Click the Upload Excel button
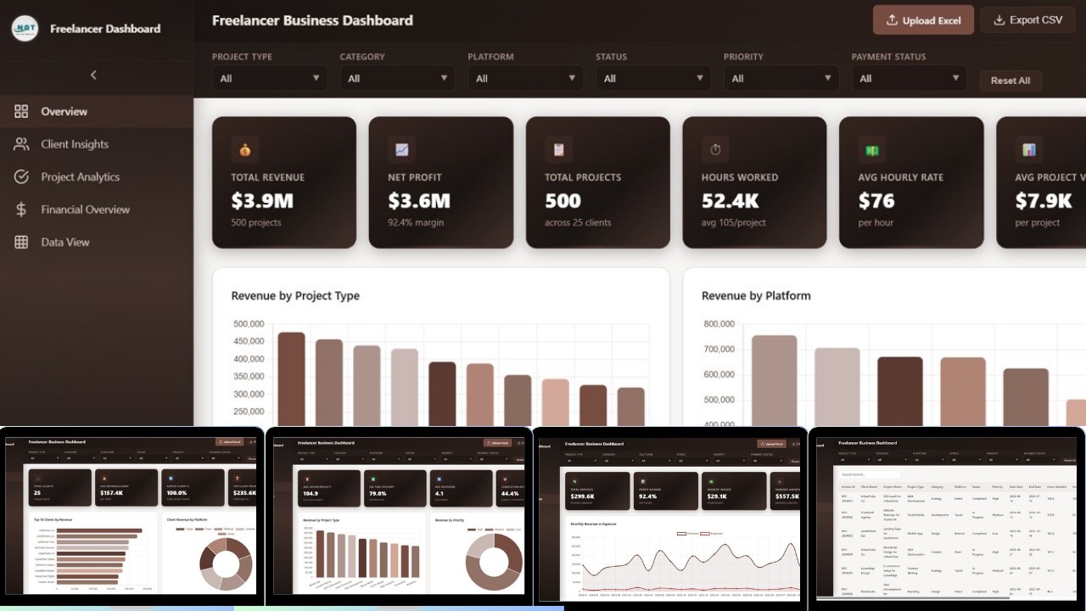tap(923, 20)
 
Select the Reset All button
tap(1010, 80)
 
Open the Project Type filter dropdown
tap(269, 78)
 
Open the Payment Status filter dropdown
tap(909, 78)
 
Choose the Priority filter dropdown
tap(781, 78)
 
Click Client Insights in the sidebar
tap(75, 144)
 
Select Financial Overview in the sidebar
tap(85, 210)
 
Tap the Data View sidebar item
tap(65, 242)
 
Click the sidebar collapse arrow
tap(93, 75)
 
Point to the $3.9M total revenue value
tap(262, 201)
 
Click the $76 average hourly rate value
tap(876, 201)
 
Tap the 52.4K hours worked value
tap(730, 201)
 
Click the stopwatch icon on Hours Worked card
tap(715, 149)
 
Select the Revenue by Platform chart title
tap(755, 296)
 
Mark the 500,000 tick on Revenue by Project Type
tap(247, 324)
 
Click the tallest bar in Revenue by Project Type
tap(291, 378)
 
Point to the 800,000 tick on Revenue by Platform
tap(718, 324)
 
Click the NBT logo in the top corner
tap(25, 28)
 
